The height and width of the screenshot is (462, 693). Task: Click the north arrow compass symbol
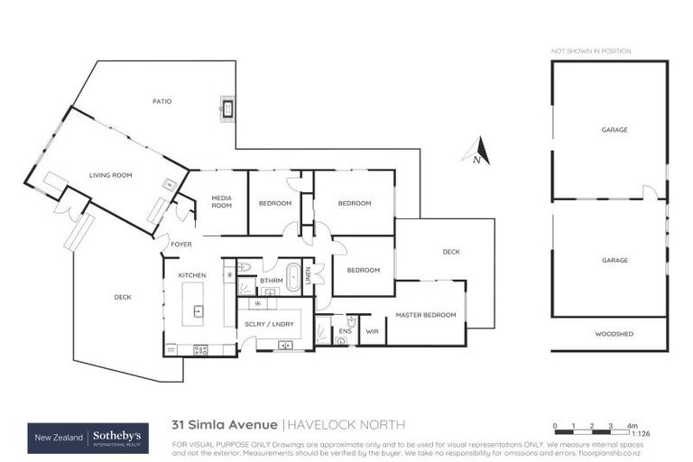click(x=479, y=151)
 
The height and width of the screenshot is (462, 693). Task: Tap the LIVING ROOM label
click(x=111, y=176)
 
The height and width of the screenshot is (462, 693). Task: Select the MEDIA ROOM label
click(x=221, y=201)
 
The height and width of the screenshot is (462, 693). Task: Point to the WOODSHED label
click(x=614, y=334)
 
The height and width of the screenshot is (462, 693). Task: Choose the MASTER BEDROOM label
click(x=426, y=315)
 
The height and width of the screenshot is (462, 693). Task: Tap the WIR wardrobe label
click(x=372, y=331)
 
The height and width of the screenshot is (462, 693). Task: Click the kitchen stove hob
click(x=200, y=349)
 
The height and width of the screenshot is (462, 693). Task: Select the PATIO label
click(x=162, y=101)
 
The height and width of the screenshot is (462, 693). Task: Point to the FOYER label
click(x=181, y=245)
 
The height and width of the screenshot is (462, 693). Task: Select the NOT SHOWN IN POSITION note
click(x=591, y=51)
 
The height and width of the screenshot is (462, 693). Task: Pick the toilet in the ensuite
click(x=351, y=322)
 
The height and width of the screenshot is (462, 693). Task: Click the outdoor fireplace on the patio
click(x=226, y=109)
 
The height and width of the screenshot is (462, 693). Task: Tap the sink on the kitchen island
click(x=198, y=313)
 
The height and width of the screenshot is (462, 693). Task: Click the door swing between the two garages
click(x=650, y=192)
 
